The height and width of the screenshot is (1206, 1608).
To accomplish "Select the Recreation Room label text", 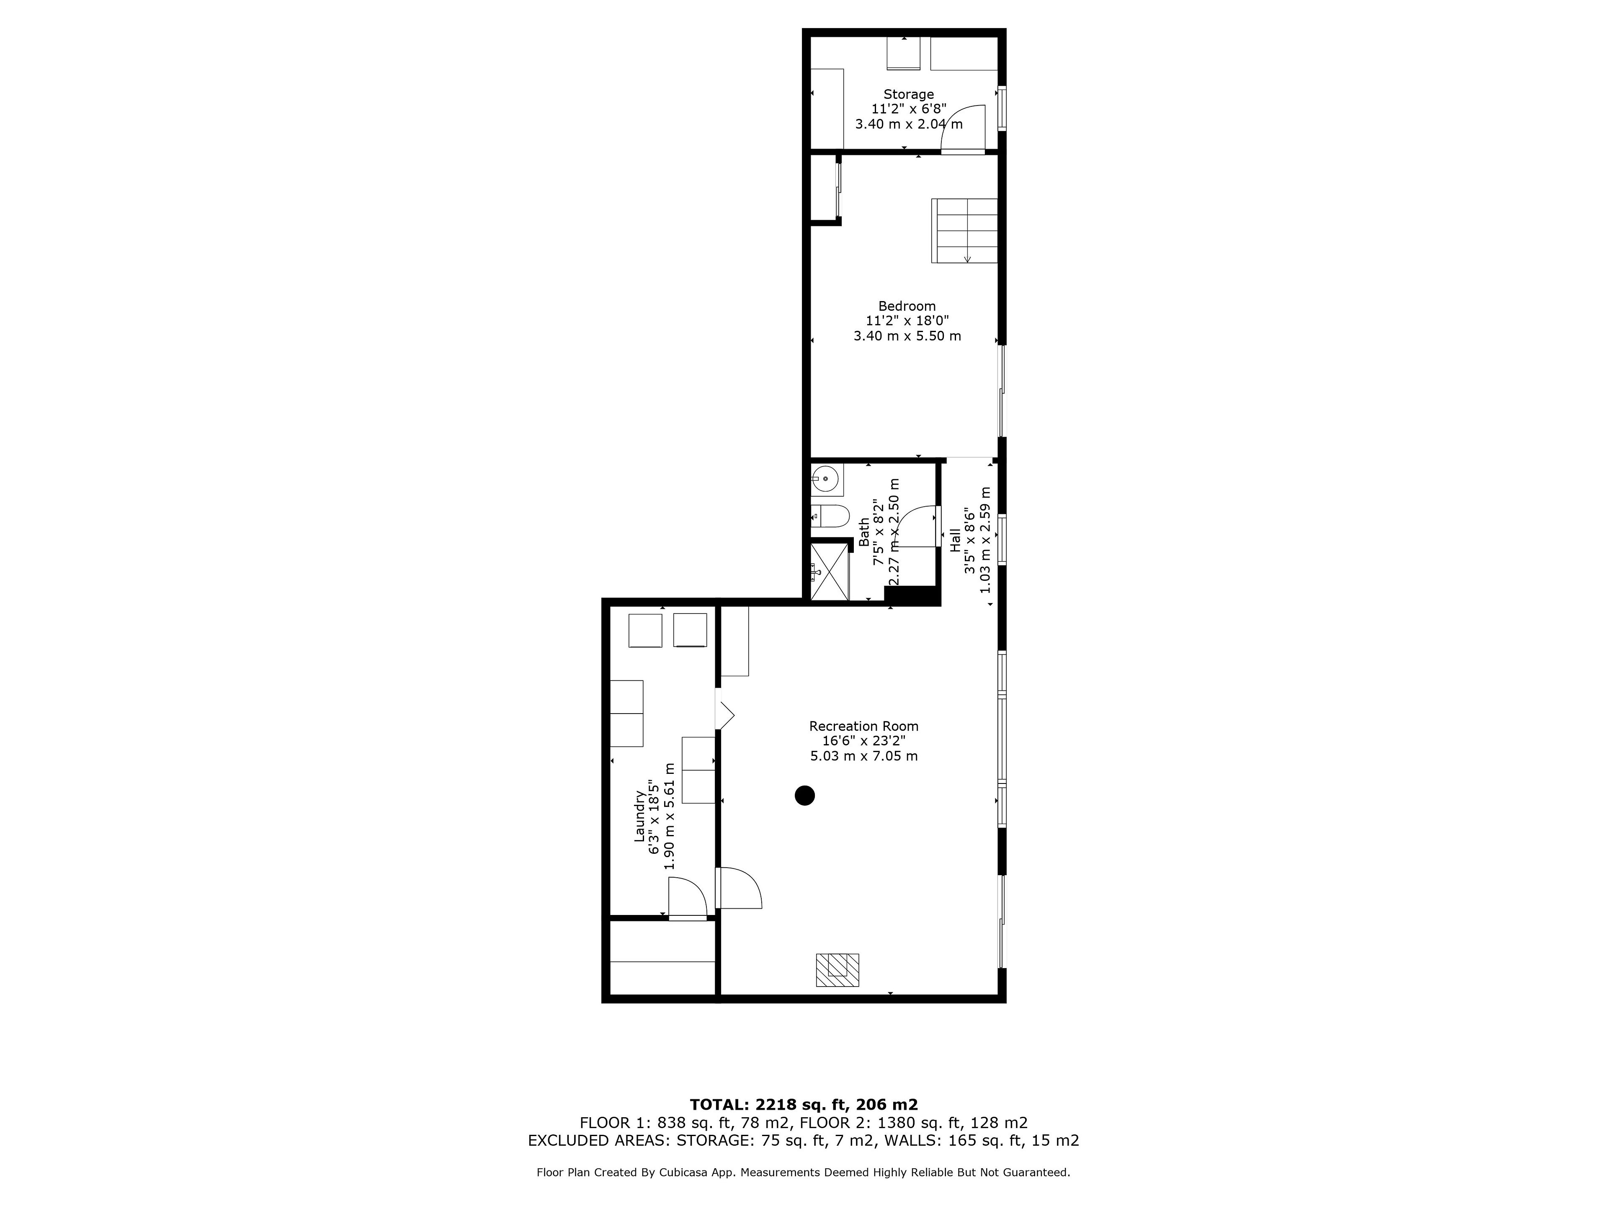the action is (863, 726).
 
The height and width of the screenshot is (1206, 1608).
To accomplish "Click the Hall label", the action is (955, 539).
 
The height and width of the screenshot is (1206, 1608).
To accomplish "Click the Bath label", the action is (863, 532).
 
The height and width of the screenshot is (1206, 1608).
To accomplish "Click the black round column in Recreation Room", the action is (804, 795).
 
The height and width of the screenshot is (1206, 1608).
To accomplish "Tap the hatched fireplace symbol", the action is (837, 970).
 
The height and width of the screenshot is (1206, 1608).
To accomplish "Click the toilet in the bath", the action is (830, 517).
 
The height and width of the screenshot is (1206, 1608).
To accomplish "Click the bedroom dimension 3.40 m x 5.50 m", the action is (907, 336).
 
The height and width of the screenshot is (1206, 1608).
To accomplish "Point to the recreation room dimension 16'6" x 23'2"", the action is (863, 741).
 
